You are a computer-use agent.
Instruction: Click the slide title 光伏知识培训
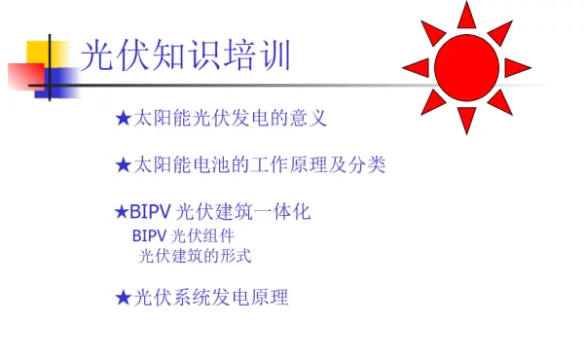coord(185,55)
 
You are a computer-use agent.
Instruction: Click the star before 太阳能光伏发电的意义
coord(123,119)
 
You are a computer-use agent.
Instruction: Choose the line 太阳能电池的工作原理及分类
coord(259,165)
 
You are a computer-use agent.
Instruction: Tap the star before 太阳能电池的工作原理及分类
coord(123,165)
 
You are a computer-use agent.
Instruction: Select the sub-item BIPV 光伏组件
coord(183,235)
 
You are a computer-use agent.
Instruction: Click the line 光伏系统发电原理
coord(210,298)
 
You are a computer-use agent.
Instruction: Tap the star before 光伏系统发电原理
coord(123,298)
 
